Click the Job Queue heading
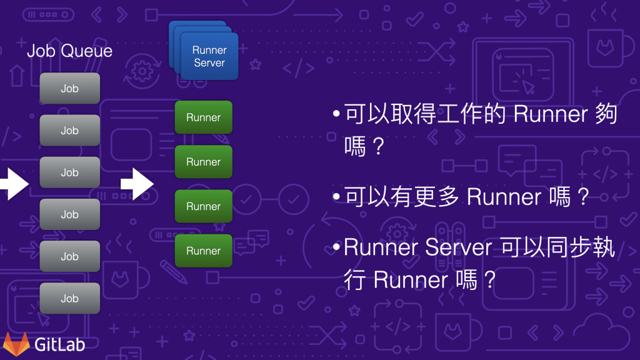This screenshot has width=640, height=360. [x=69, y=51]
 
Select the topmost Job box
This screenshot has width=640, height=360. [x=69, y=89]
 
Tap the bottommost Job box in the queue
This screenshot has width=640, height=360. [x=69, y=298]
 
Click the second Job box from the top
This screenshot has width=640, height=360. [x=69, y=131]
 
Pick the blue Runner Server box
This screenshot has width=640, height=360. [x=209, y=57]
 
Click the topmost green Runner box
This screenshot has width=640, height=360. [x=203, y=117]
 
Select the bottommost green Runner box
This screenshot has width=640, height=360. [x=203, y=251]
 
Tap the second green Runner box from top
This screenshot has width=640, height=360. [x=203, y=162]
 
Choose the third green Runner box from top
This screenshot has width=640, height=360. [x=203, y=206]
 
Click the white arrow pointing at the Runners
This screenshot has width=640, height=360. [x=137, y=184]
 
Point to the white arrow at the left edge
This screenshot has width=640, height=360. [x=12, y=184]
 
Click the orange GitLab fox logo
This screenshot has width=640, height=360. [x=16, y=344]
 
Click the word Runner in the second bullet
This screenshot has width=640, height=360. [x=504, y=197]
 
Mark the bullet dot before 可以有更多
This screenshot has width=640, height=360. [x=337, y=197]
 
